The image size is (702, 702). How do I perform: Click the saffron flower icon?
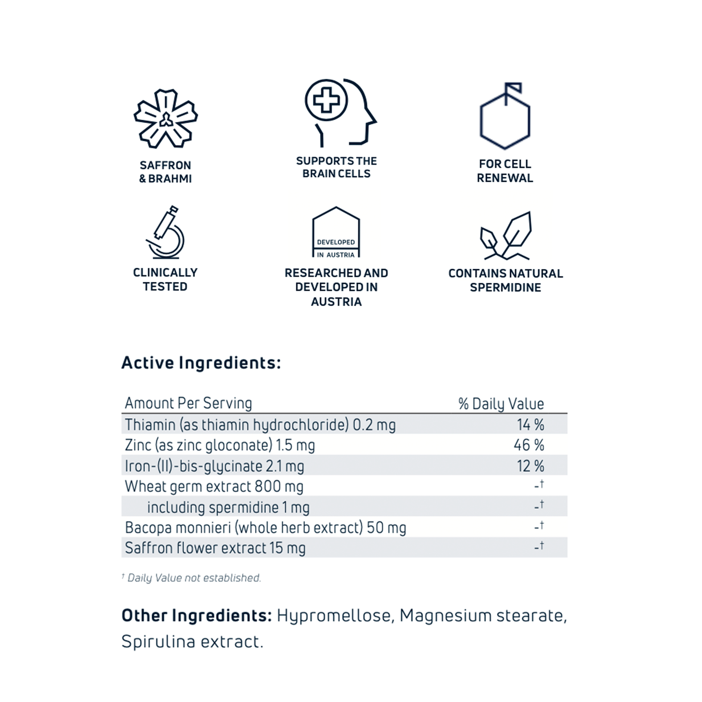166,119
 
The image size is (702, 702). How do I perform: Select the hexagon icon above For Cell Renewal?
505,117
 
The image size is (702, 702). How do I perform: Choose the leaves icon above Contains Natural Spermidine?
505,236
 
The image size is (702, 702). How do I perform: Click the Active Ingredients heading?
201,363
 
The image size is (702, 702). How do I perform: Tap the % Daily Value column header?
501,404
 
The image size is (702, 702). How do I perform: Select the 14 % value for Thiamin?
530,425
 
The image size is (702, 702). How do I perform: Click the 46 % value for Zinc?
529,445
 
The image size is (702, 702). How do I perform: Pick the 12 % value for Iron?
530,466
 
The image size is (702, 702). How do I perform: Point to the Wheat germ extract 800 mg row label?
214,487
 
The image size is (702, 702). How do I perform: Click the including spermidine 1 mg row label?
228,507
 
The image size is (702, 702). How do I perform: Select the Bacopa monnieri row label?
265,528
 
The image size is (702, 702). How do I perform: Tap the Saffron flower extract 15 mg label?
215,548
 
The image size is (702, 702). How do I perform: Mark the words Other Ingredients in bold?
196,616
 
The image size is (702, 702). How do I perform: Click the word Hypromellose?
334,616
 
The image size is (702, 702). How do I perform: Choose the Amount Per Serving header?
188,403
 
